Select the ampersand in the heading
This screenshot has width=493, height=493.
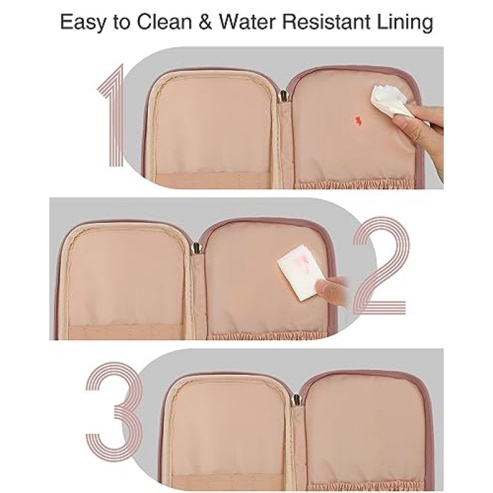point(205,22)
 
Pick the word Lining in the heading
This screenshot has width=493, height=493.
point(405,23)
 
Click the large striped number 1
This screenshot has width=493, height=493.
point(110,115)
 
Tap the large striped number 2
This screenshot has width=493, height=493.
point(381,266)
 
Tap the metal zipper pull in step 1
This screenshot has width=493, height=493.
point(283,96)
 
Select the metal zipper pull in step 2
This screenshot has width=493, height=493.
point(196,248)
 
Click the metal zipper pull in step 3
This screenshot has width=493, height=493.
point(296,400)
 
